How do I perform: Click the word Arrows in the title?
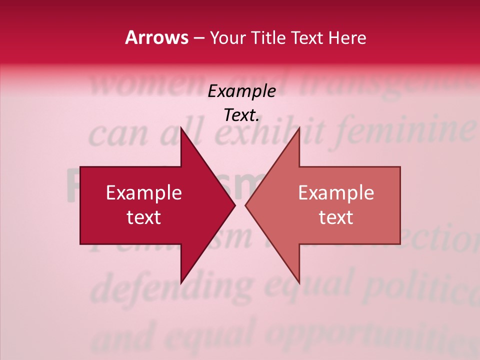tap(156, 37)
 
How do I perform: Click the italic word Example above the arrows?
tap(241, 91)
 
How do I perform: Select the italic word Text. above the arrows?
tap(241, 115)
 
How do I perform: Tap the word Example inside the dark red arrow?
tap(144, 193)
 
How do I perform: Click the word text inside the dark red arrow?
tap(144, 217)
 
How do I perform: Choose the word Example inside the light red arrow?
tap(336, 193)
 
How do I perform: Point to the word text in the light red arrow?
tap(336, 217)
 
